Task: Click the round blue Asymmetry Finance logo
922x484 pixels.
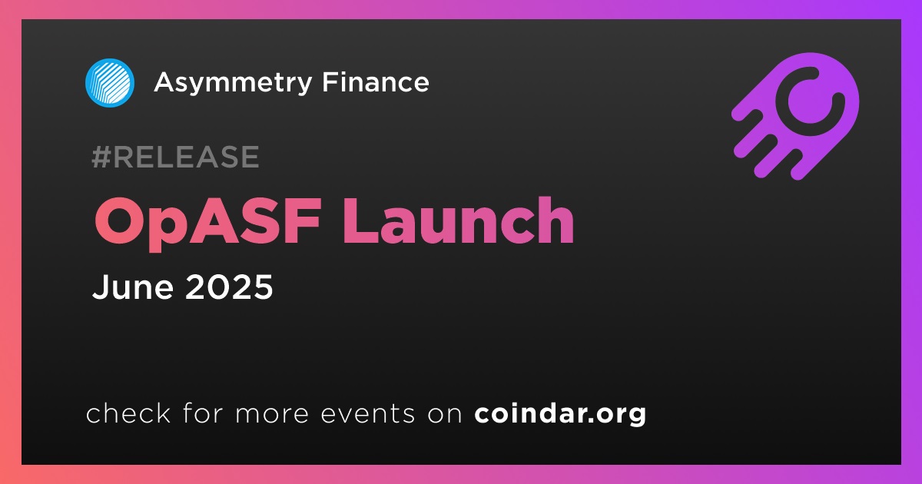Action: click(110, 83)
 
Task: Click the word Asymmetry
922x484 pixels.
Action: click(233, 84)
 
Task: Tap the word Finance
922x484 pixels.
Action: click(376, 82)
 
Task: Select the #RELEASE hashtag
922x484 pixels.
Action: click(175, 157)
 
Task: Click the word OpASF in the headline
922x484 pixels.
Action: click(207, 222)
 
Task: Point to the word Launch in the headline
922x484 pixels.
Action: click(458, 220)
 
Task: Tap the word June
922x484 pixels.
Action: click(132, 287)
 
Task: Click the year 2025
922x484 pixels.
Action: click(229, 287)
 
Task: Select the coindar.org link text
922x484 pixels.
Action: click(560, 413)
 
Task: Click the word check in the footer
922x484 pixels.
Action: click(128, 413)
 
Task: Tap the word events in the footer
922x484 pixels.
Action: click(368, 413)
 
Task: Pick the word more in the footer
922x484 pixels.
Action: click(272, 414)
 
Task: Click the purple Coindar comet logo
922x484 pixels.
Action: click(796, 117)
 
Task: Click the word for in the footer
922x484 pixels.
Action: click(203, 413)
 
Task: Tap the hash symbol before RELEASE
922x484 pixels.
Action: click(101, 157)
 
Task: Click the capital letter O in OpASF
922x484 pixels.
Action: click(120, 221)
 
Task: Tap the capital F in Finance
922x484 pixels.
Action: click(330, 82)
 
